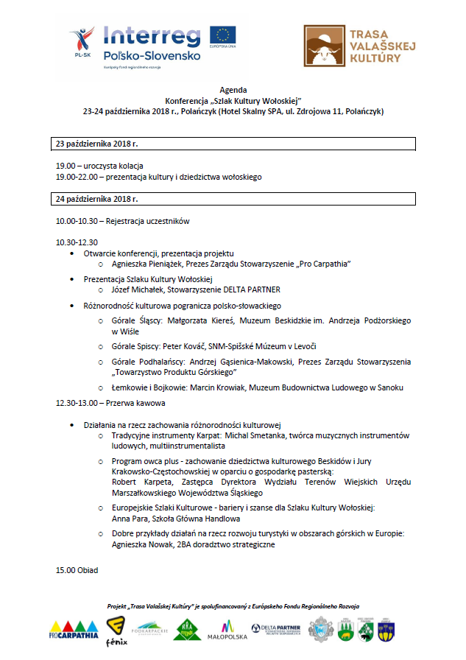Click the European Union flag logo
click(x=222, y=35)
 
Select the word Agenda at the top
click(x=233, y=89)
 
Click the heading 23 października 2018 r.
click(x=97, y=143)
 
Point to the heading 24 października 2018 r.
click(x=97, y=199)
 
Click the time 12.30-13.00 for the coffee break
click(x=77, y=403)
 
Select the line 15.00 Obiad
click(x=77, y=570)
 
